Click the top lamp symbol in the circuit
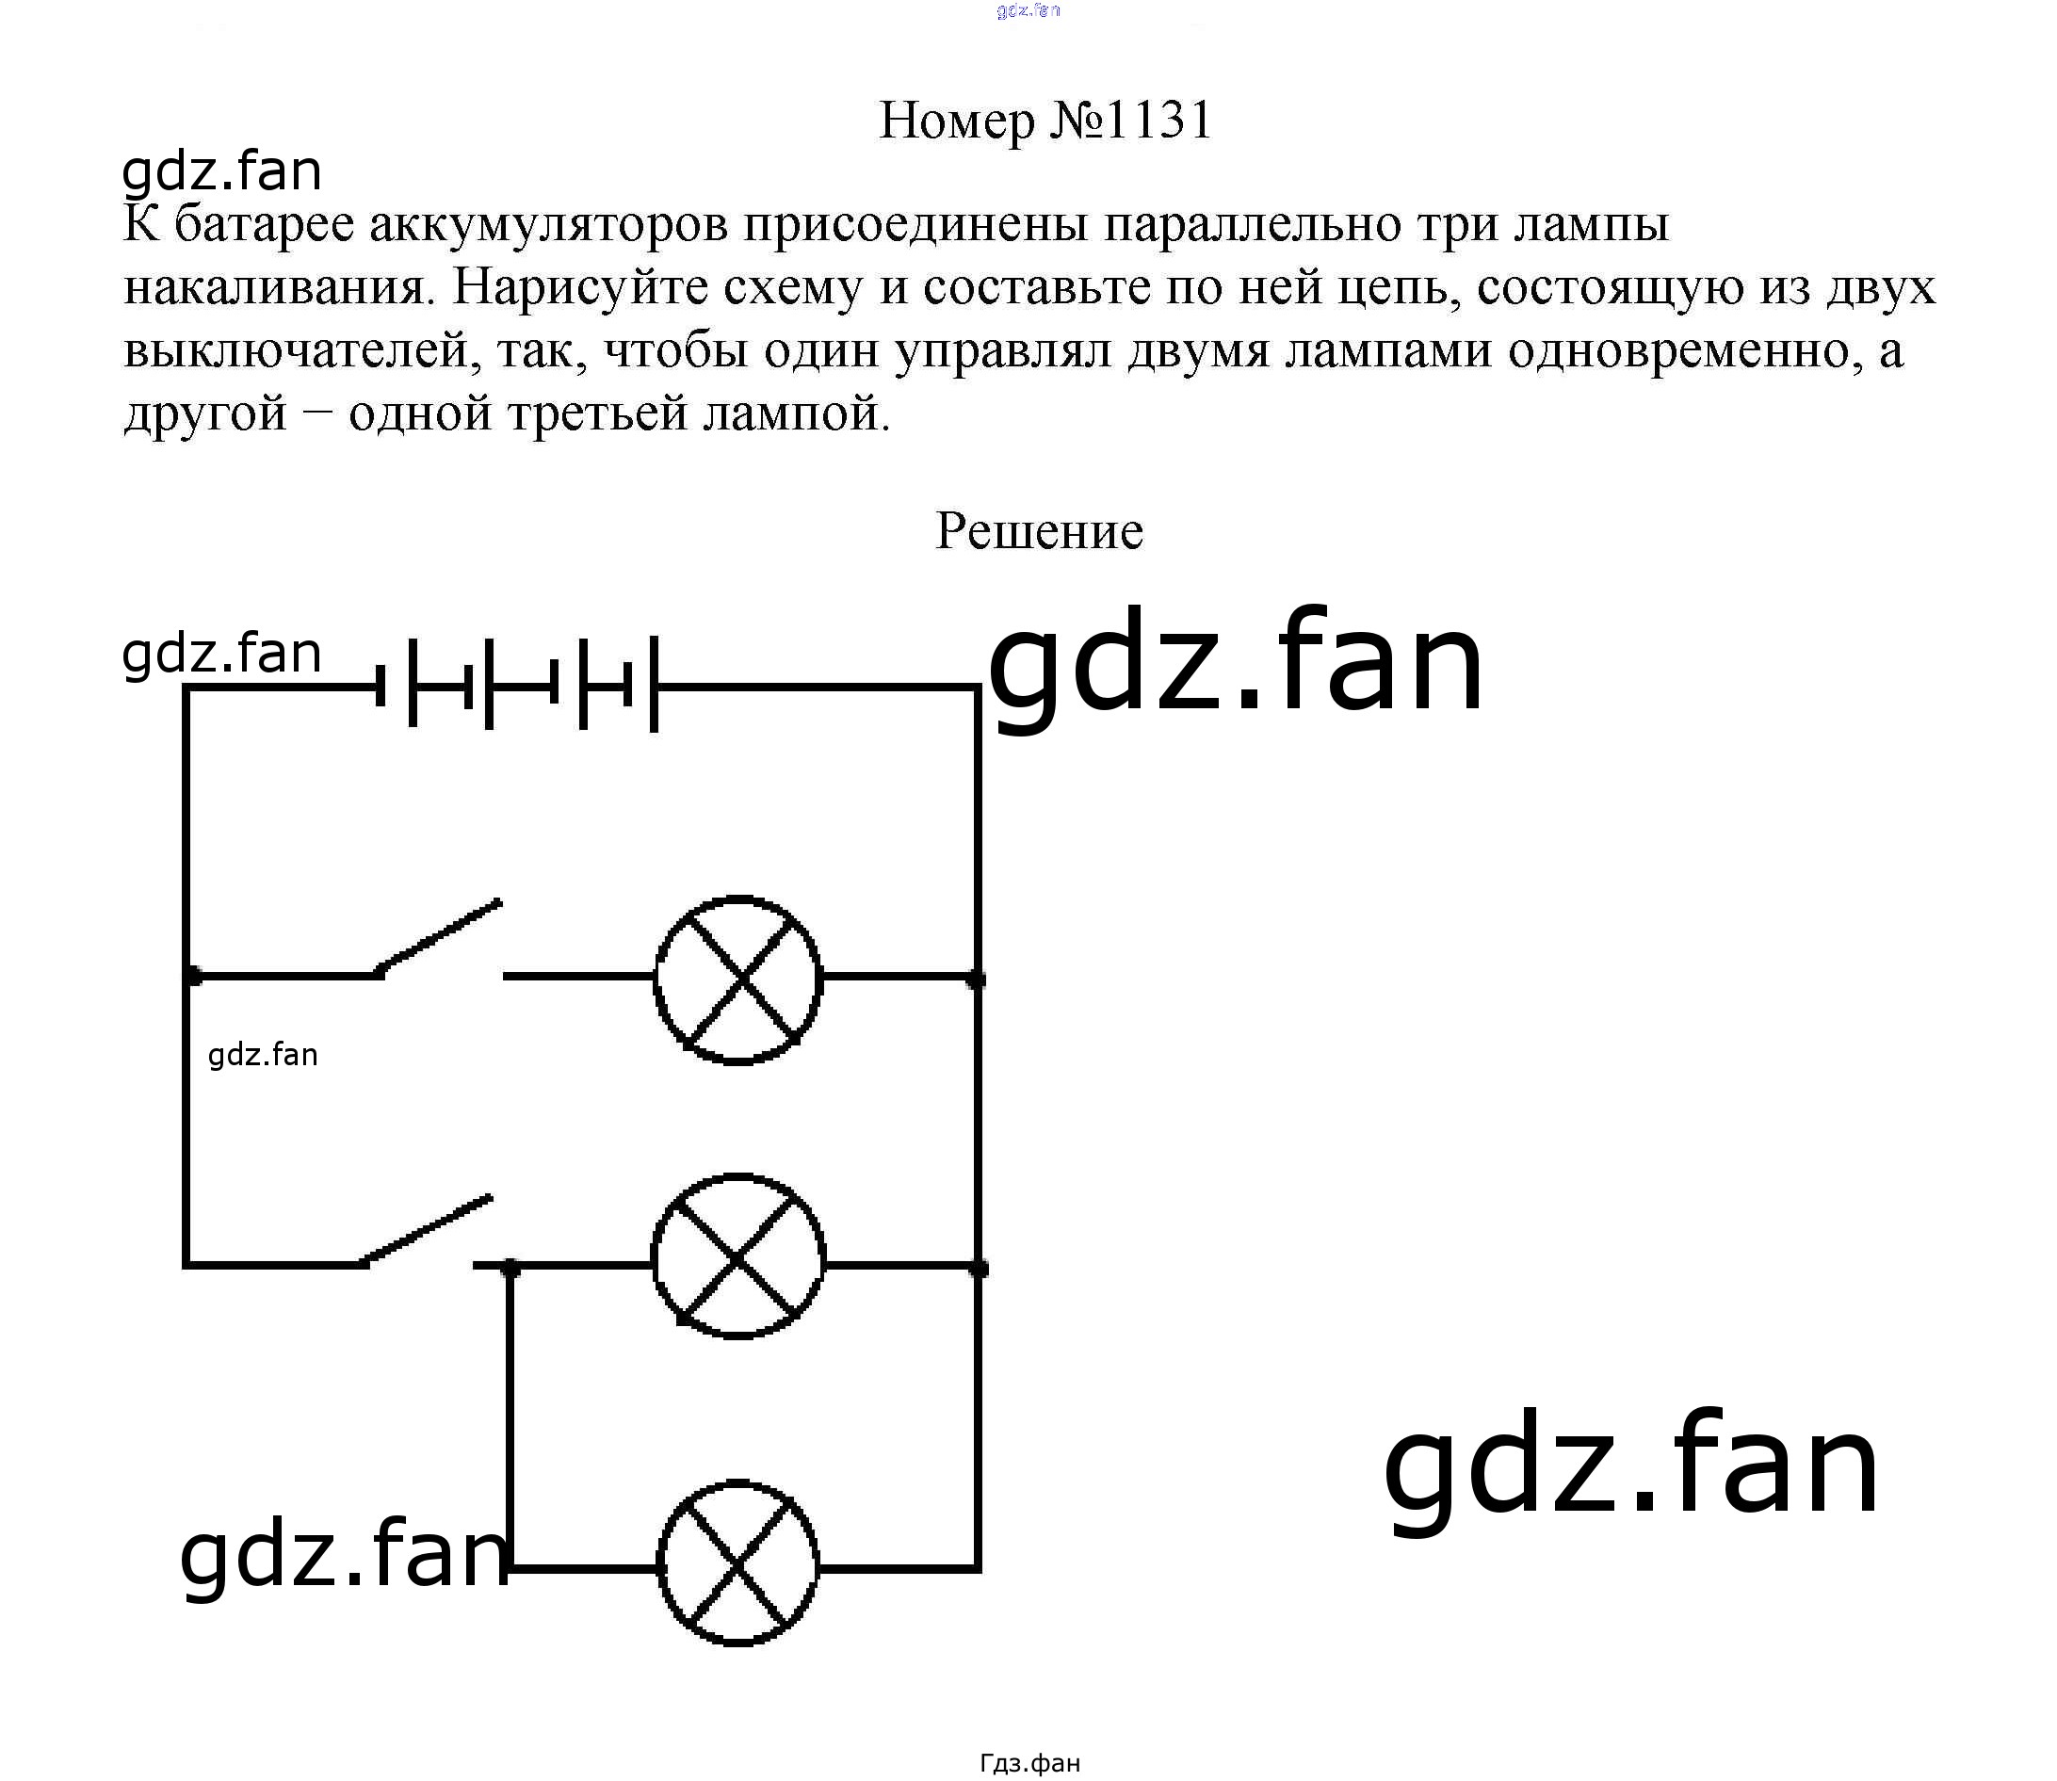click(x=737, y=979)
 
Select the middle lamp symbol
click(x=737, y=1257)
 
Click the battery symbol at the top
click(x=517, y=687)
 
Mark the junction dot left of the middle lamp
click(x=510, y=1266)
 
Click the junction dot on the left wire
click(x=193, y=976)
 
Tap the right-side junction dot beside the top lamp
click(x=976, y=980)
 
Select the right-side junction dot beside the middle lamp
click(x=978, y=1267)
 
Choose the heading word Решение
click(x=1039, y=531)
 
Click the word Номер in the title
click(x=957, y=121)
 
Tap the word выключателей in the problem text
click(x=295, y=351)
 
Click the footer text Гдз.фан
click(x=1029, y=1763)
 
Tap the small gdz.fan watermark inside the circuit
click(x=264, y=1055)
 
